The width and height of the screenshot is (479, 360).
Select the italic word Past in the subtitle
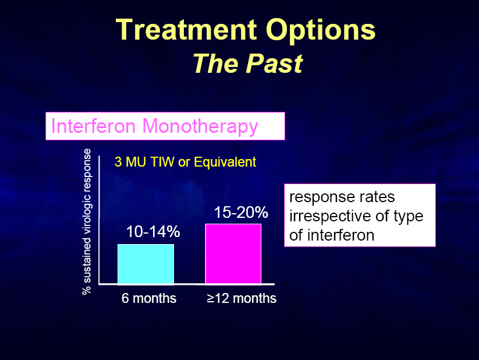click(274, 63)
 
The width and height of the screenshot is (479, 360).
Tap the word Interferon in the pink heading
click(94, 126)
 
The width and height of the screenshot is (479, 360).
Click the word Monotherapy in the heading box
click(200, 127)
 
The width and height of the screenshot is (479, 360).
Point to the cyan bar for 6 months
click(146, 264)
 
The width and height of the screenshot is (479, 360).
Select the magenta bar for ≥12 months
click(233, 254)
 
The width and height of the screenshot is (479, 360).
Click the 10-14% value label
click(153, 231)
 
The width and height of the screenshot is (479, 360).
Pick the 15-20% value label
click(241, 212)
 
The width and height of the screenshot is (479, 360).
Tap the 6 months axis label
click(149, 298)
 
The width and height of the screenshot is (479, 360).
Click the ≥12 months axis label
click(242, 298)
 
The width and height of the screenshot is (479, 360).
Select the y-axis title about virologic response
click(87, 222)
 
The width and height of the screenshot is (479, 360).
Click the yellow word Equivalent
click(225, 162)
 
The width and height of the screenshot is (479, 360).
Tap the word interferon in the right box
click(340, 235)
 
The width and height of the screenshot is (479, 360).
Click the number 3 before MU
click(118, 162)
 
